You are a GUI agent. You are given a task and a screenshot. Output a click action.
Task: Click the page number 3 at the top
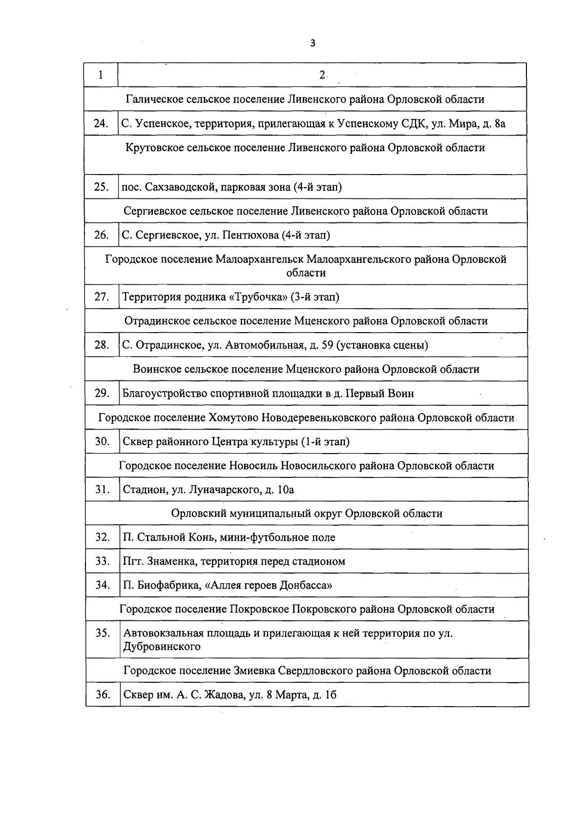click(313, 43)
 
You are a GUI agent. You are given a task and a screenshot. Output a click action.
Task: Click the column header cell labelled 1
click(101, 75)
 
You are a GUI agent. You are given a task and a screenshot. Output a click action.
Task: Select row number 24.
click(101, 123)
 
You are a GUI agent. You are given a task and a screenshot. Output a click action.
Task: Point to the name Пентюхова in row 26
click(251, 236)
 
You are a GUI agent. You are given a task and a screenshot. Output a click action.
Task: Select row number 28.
click(102, 345)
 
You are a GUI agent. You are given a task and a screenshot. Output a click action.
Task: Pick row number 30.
click(102, 442)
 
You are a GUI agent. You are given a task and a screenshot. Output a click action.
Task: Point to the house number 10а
click(285, 490)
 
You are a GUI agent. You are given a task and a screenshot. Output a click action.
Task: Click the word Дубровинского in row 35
click(162, 647)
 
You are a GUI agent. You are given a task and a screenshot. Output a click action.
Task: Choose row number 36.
click(103, 694)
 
